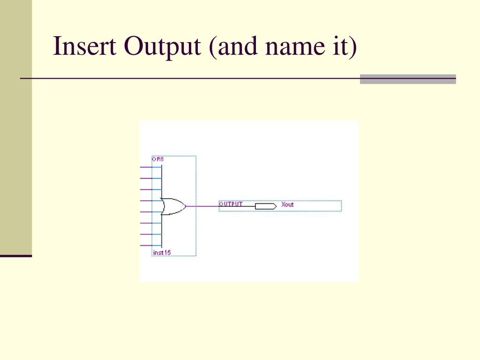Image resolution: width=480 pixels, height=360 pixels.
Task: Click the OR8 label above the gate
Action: tap(157, 159)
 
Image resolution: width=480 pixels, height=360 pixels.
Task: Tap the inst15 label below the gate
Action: tap(162, 253)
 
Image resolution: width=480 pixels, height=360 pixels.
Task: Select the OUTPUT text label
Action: tap(231, 204)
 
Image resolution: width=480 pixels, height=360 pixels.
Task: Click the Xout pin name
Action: tap(287, 205)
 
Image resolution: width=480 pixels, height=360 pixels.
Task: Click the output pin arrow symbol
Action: tap(266, 206)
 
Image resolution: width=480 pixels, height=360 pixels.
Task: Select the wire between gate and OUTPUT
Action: tap(202, 206)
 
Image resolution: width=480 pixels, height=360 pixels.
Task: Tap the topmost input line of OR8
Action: tap(150, 167)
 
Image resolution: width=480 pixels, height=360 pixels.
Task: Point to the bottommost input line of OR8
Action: tap(150, 246)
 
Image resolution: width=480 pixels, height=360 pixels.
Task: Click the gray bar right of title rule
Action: tap(408, 79)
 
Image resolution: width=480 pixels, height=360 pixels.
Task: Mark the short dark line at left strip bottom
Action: tap(16, 256)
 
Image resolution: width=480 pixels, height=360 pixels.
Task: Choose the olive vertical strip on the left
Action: tap(16, 127)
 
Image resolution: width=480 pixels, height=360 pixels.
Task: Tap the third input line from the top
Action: tap(150, 189)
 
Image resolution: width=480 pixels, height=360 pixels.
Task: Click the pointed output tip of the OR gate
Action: tap(185, 206)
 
